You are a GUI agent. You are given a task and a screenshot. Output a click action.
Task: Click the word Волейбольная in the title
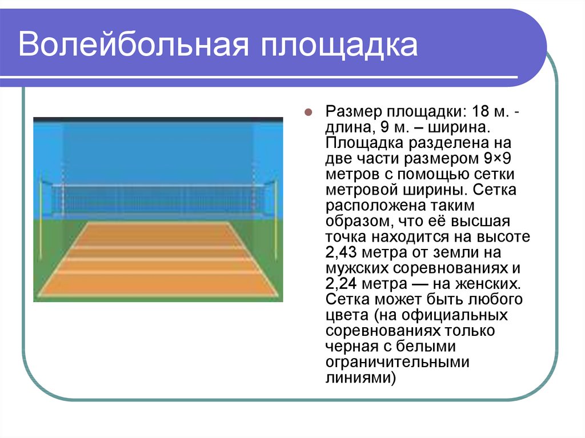133,45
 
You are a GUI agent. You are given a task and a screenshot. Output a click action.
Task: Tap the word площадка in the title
339,46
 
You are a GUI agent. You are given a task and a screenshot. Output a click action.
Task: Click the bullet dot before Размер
308,112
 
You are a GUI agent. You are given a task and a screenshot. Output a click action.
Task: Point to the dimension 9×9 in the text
498,159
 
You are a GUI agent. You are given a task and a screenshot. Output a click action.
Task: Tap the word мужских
357,268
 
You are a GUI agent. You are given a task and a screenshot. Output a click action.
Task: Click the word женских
487,284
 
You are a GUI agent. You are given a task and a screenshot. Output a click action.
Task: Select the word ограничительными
398,363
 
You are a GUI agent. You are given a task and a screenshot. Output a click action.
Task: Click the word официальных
454,316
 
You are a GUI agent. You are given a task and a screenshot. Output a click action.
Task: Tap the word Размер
354,112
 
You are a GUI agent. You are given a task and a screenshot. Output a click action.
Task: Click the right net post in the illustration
275,219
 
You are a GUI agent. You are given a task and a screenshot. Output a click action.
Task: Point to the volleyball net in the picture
158,199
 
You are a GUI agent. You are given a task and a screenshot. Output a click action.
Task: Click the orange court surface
158,259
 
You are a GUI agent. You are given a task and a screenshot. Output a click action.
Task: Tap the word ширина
458,127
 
